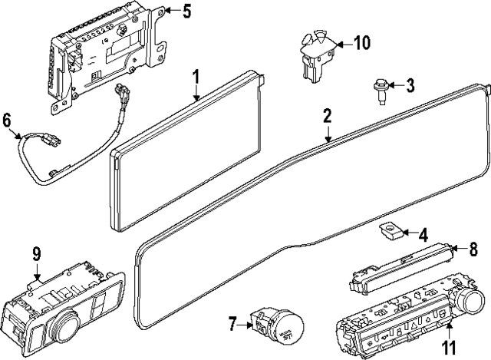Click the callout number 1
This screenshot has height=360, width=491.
[196, 77]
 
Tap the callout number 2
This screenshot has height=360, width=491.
[327, 116]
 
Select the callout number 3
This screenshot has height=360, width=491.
[410, 85]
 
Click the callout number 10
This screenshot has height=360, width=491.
[361, 42]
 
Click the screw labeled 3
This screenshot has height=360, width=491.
[381, 87]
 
